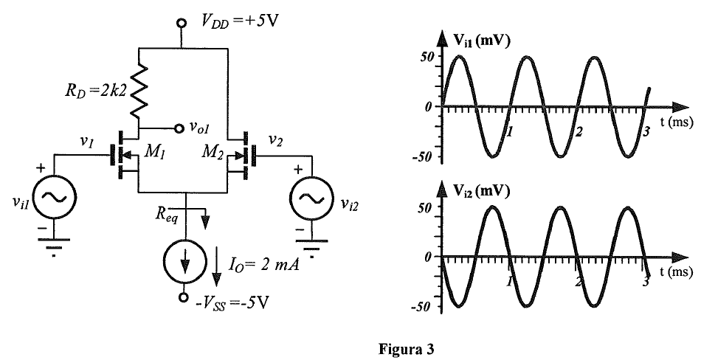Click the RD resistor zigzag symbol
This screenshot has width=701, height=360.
139,89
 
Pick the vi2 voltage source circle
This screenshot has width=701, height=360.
311,198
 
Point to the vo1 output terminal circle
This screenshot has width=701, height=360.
179,128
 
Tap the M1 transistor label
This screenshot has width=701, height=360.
153,153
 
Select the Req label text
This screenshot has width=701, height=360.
168,214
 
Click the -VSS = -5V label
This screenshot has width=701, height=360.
232,304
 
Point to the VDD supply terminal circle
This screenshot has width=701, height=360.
182,23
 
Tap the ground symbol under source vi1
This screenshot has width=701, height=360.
54,246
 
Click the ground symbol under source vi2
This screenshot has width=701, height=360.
311,247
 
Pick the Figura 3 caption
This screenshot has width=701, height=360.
406,349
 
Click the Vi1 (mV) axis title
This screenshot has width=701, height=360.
481,41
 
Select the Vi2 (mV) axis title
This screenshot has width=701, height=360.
481,191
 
